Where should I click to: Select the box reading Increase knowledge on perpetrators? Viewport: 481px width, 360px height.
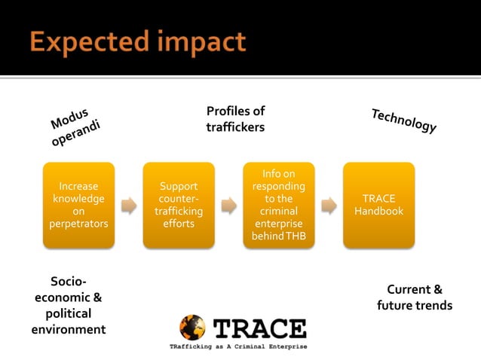(78, 205)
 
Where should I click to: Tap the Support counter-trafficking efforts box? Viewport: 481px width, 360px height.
(179, 205)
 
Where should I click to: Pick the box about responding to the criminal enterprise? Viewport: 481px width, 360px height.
(279, 205)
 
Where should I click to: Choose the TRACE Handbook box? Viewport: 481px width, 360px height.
(378, 205)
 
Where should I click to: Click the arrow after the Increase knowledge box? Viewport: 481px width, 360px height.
(129, 205)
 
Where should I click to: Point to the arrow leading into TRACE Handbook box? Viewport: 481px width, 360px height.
(329, 205)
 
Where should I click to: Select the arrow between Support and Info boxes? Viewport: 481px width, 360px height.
(228, 205)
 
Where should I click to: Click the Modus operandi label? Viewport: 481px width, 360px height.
(75, 129)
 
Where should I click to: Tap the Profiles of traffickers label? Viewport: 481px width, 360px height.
(235, 120)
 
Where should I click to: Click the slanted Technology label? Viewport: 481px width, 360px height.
(404, 121)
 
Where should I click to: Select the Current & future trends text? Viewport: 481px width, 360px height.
(415, 297)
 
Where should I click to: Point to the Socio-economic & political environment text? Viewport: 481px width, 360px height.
(68, 305)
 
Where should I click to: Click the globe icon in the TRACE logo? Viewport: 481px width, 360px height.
(192, 328)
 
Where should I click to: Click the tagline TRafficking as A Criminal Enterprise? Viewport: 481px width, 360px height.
(237, 346)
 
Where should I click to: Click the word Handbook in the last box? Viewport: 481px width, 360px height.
(378, 212)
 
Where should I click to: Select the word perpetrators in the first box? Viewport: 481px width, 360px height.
(78, 224)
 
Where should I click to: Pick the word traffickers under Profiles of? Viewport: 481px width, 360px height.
(235, 128)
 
